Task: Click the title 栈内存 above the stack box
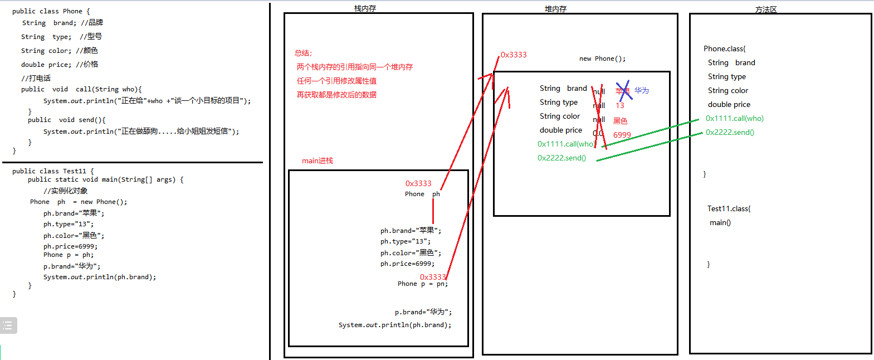click(x=365, y=8)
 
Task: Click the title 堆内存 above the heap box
click(x=555, y=9)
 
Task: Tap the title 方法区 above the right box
click(x=765, y=9)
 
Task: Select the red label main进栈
click(x=318, y=160)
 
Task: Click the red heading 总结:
click(x=304, y=53)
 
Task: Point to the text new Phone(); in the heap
click(x=602, y=59)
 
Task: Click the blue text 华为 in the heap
click(x=642, y=90)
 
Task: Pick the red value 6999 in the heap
click(x=622, y=135)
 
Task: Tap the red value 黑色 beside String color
click(x=621, y=121)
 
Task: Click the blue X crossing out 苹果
click(x=623, y=91)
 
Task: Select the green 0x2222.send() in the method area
click(x=730, y=132)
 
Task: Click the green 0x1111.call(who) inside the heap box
click(x=565, y=144)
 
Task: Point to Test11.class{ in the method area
click(x=729, y=208)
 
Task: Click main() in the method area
click(x=720, y=222)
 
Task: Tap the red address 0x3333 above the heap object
click(x=514, y=55)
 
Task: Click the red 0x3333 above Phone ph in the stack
click(x=418, y=183)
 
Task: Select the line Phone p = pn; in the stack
click(x=422, y=284)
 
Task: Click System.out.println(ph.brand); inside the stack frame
click(x=395, y=325)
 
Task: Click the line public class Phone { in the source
click(x=51, y=11)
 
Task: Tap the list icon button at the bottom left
click(x=8, y=325)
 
